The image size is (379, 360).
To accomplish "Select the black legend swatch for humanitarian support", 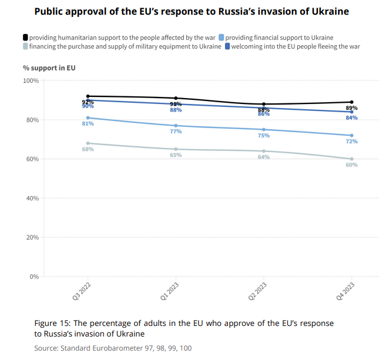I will pyautogui.click(x=25, y=38).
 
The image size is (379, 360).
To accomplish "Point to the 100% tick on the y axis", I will pyautogui.click(x=31, y=80).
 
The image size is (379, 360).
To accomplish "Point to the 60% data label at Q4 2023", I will pyautogui.click(x=351, y=165).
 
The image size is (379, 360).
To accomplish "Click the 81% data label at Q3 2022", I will pyautogui.click(x=88, y=124).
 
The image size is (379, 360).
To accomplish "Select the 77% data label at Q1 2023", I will pyautogui.click(x=176, y=132).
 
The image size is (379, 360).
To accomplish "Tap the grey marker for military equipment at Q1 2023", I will pyautogui.click(x=176, y=149).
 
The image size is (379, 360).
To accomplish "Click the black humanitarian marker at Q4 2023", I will pyautogui.click(x=351, y=102).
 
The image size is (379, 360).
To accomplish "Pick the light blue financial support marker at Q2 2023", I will pyautogui.click(x=264, y=129).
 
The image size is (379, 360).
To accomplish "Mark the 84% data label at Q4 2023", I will pyautogui.click(x=351, y=118).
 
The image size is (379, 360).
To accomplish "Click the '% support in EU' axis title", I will pyautogui.click(x=49, y=68).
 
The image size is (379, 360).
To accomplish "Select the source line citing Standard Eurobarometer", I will pyautogui.click(x=113, y=348).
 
